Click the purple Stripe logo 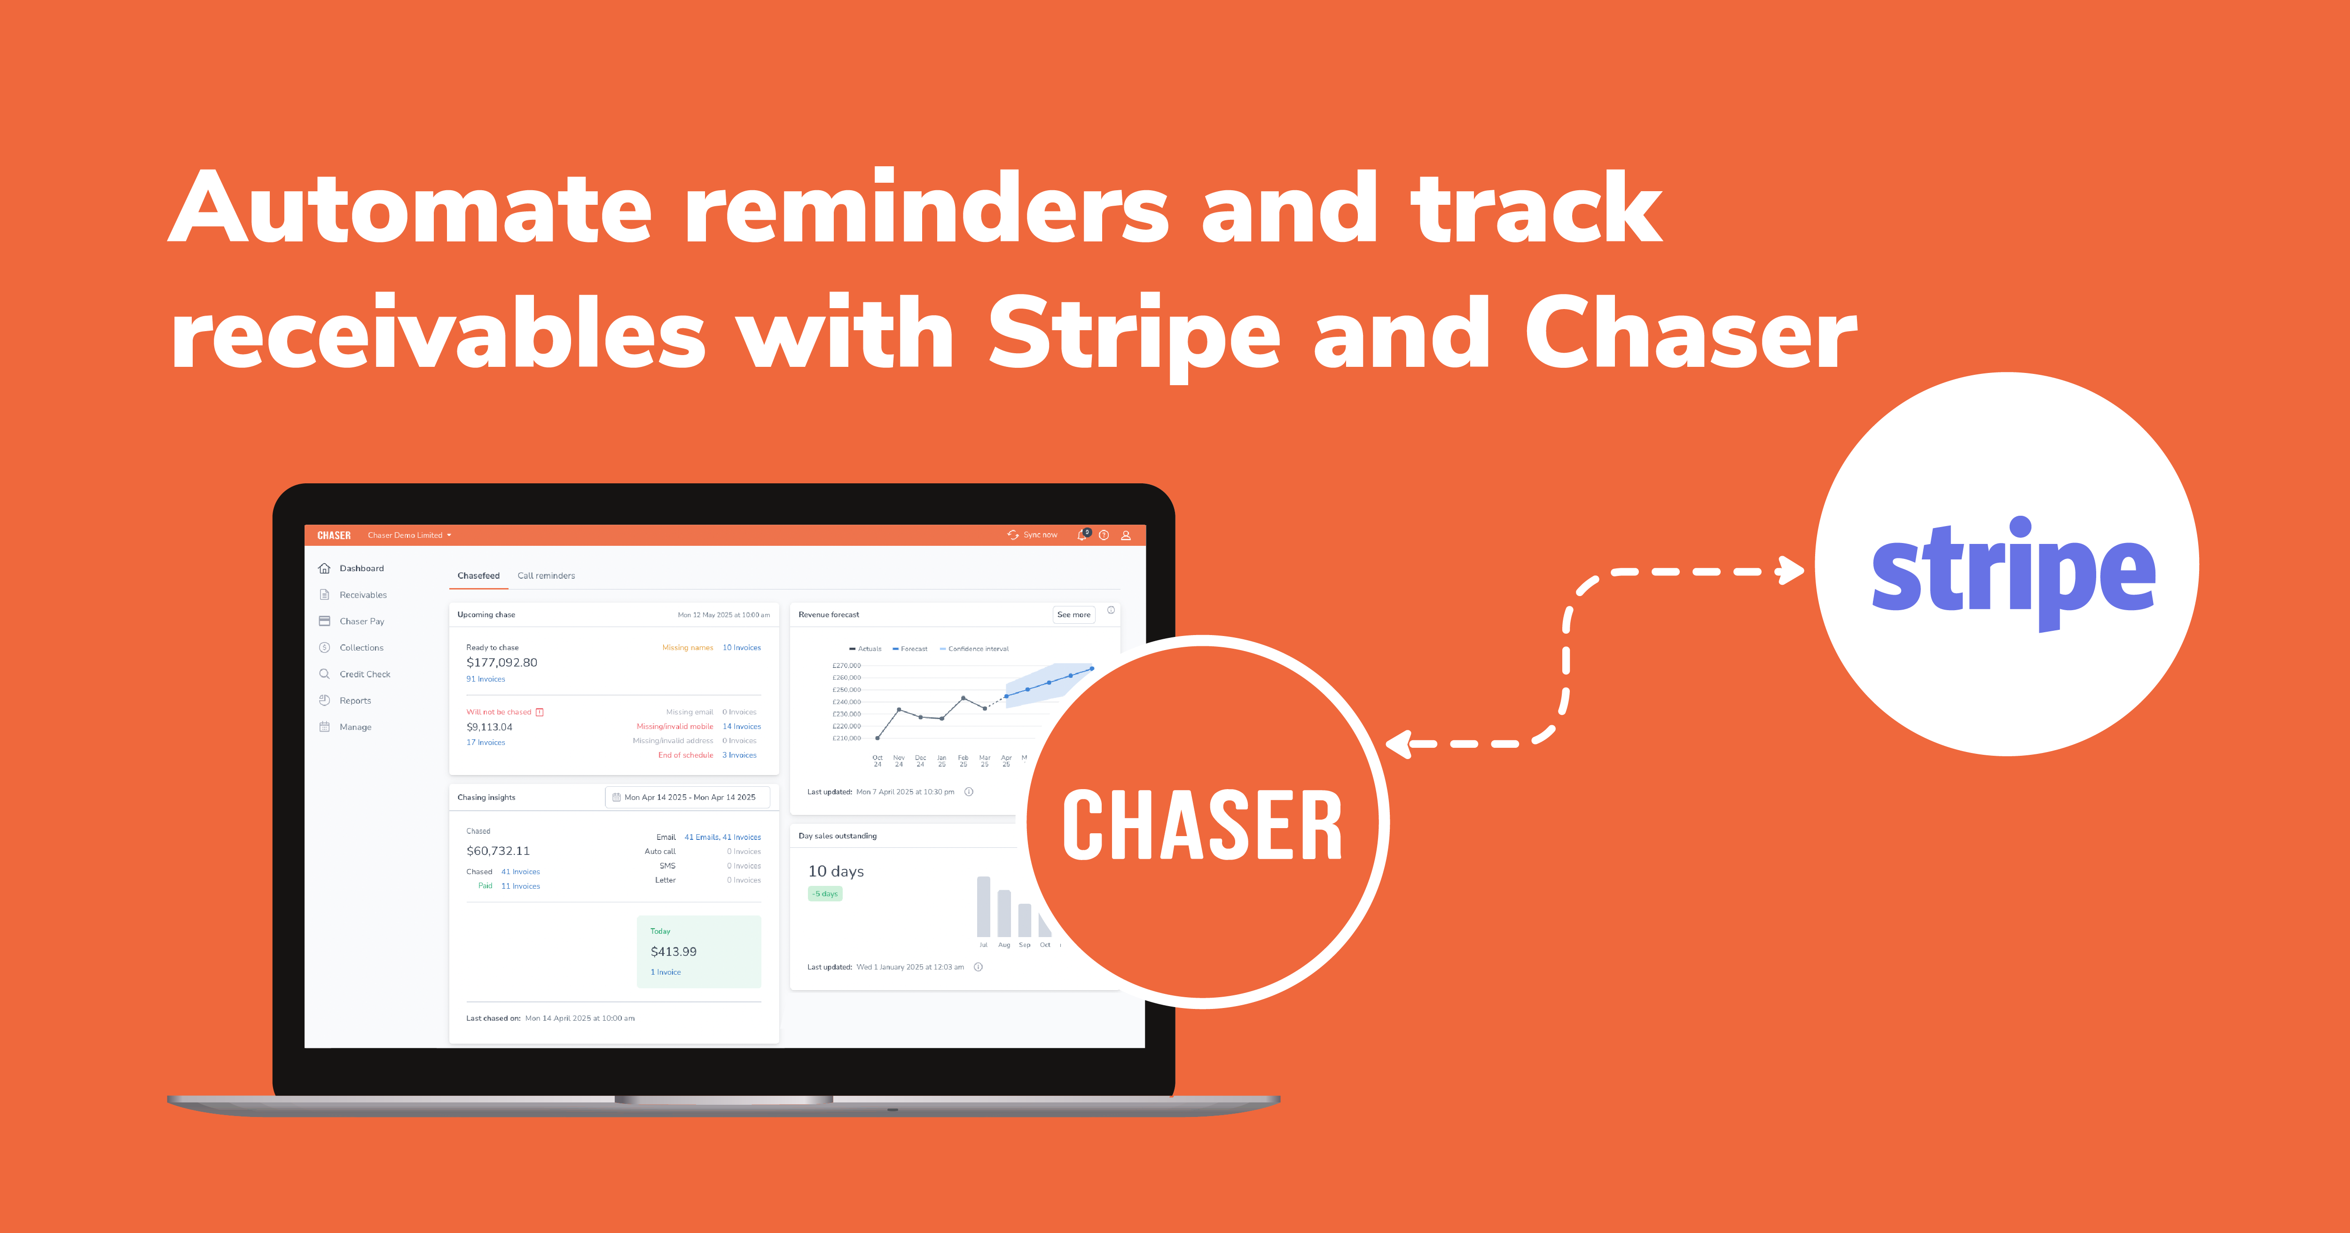[2013, 570]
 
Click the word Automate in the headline [410, 208]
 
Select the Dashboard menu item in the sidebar [361, 568]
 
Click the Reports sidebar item [355, 700]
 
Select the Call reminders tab [546, 575]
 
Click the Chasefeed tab [478, 575]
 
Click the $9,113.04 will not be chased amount [489, 727]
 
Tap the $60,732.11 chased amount [498, 851]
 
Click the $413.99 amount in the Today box [673, 951]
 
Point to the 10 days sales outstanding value [836, 871]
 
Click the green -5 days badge [825, 894]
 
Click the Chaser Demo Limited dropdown [409, 535]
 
